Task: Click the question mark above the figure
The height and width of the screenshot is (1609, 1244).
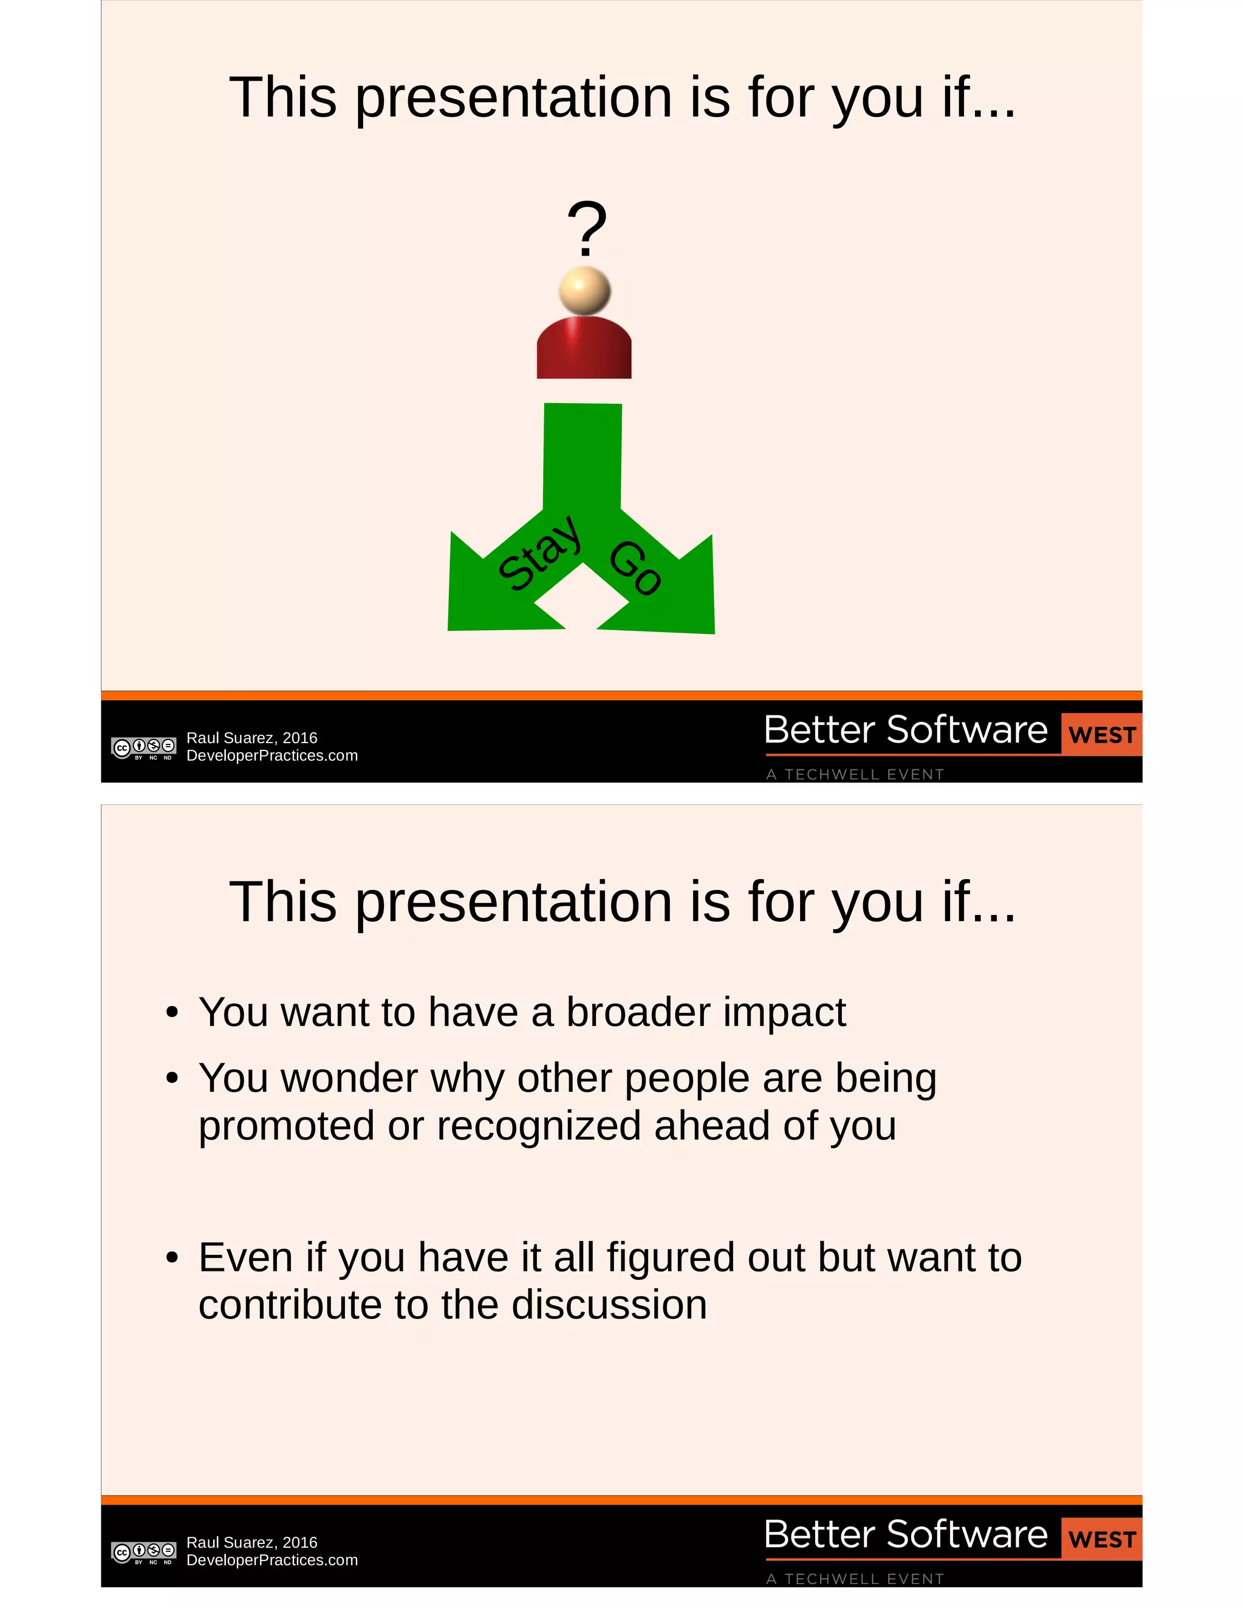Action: point(587,228)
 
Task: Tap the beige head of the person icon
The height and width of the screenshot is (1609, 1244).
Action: point(584,291)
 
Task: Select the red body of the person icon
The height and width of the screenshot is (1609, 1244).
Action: point(584,349)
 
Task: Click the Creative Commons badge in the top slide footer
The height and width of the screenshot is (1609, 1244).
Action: point(144,748)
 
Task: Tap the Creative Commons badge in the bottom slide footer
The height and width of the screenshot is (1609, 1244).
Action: point(144,1553)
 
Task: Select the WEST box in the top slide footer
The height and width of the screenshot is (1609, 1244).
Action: point(1102,735)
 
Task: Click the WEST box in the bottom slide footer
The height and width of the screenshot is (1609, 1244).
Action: point(1102,1539)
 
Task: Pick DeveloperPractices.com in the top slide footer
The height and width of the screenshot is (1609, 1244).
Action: point(272,756)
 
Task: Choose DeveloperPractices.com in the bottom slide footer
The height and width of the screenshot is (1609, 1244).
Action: point(272,1560)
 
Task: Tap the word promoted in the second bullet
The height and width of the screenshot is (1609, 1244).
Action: point(287,1126)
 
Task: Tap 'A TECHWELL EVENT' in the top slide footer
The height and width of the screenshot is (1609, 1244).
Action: point(855,774)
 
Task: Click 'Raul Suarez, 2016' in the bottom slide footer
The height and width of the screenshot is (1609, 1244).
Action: point(252,1543)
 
